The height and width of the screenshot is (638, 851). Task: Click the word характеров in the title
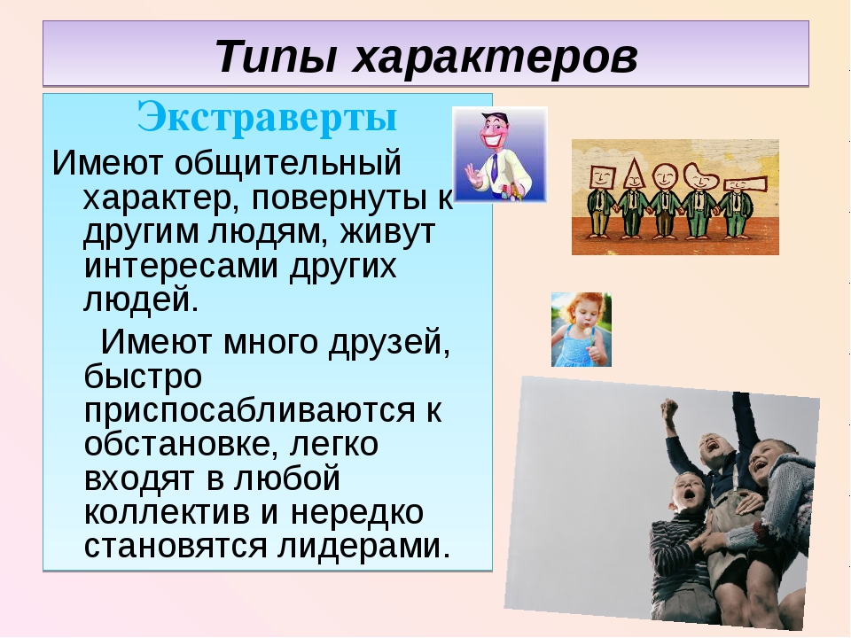[495, 57]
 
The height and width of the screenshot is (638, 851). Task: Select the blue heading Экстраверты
[268, 116]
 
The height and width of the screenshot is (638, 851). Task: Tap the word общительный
[287, 164]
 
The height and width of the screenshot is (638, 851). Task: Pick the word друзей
[389, 343]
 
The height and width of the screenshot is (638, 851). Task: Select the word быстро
[143, 376]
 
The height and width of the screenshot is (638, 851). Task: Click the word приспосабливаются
[249, 410]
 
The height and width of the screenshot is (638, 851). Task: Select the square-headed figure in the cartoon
[601, 202]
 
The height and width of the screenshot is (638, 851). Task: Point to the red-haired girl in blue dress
[582, 331]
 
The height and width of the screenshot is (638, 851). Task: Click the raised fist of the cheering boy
[670, 408]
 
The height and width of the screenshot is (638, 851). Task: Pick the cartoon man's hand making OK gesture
[473, 175]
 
